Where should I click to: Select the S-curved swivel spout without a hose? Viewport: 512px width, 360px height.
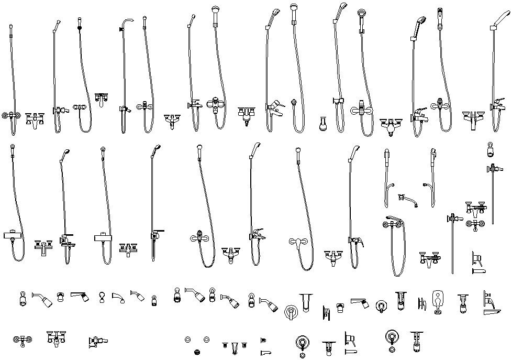(x=408, y=199)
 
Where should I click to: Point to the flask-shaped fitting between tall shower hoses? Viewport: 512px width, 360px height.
(x=323, y=125)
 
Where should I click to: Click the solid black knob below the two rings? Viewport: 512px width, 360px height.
(x=197, y=352)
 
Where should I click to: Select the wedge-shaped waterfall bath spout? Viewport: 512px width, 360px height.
(x=492, y=312)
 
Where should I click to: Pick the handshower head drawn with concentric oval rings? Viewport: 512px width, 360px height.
(x=362, y=13)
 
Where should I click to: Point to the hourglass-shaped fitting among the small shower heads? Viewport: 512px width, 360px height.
(x=102, y=298)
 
